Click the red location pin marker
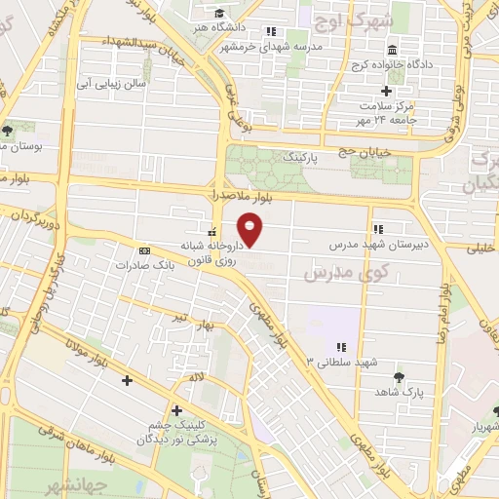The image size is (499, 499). [x=251, y=227]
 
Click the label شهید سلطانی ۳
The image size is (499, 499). [x=341, y=363]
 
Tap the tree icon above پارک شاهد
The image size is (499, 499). [x=398, y=376]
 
